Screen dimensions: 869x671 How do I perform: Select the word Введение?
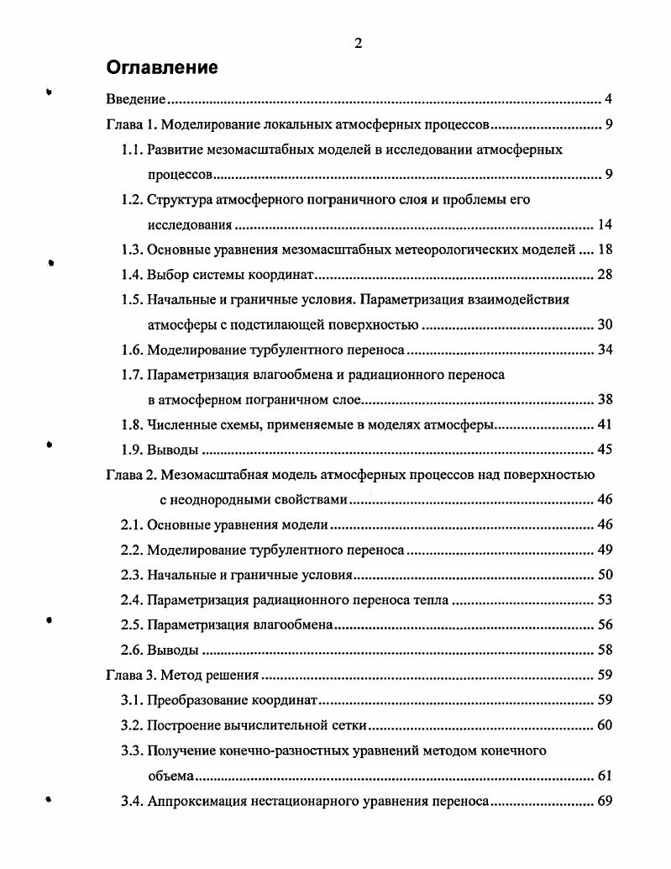pyautogui.click(x=135, y=100)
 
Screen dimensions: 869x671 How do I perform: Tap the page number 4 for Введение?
pyautogui.click(x=608, y=100)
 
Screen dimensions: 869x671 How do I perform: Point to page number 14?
pyautogui.click(x=605, y=224)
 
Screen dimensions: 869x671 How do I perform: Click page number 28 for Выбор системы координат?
pyautogui.click(x=605, y=275)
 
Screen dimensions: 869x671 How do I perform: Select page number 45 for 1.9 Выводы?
pyautogui.click(x=605, y=449)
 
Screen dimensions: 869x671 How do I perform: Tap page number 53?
pyautogui.click(x=605, y=599)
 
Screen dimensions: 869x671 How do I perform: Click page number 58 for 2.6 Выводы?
pyautogui.click(x=605, y=650)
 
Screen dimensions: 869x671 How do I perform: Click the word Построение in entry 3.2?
pyautogui.click(x=185, y=724)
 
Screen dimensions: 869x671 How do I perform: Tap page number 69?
pyautogui.click(x=605, y=799)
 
